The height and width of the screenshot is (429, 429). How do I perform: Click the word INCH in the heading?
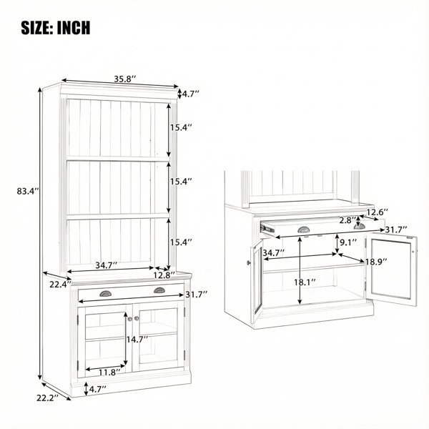74,27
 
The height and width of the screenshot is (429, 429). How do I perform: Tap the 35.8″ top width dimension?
124,79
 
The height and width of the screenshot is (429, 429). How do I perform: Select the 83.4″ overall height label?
28,191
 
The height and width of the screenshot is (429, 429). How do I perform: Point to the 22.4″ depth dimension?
61,285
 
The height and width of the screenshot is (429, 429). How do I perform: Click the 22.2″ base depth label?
48,398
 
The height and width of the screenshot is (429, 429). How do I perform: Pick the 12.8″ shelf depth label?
164,275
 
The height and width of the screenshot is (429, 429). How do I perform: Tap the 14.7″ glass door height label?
137,340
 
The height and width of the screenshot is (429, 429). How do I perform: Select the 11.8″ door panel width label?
109,372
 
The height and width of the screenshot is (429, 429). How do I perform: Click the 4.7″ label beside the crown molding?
190,94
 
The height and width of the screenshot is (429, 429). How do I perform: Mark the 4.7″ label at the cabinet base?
98,389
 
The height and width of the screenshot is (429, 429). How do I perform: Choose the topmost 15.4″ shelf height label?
181,127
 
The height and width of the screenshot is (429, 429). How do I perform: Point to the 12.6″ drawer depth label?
377,212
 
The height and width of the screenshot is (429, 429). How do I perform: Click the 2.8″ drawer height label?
347,220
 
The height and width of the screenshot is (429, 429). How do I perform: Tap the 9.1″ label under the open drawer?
348,242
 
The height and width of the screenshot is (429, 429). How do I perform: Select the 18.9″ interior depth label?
376,262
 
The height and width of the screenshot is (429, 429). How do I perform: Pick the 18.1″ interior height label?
305,282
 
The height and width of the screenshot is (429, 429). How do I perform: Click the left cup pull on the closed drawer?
105,294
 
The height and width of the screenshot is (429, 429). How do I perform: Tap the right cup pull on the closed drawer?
159,290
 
